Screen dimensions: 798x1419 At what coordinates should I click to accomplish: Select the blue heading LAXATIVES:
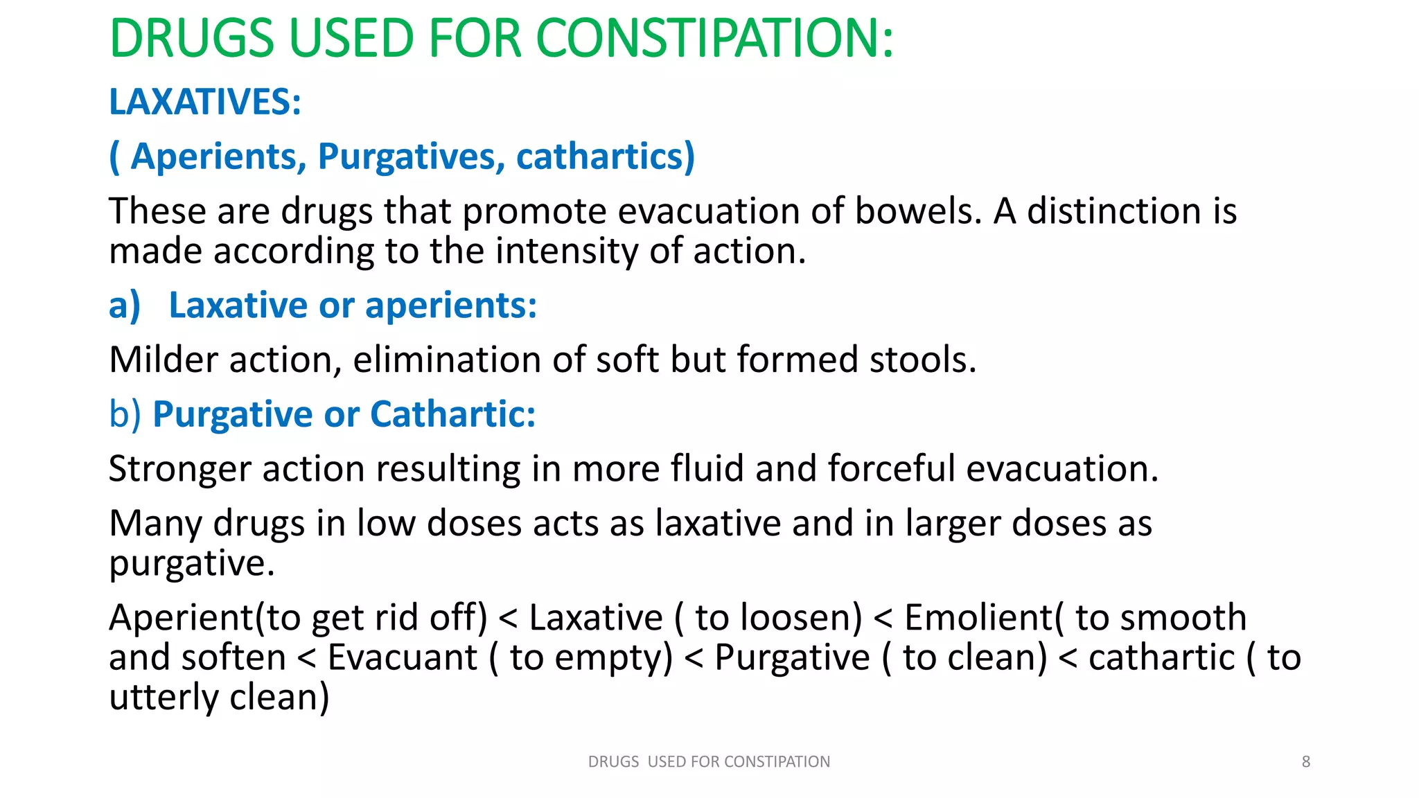coord(205,102)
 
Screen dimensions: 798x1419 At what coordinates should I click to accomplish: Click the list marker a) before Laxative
coord(125,305)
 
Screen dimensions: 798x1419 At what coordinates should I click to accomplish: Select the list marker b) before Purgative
coord(125,414)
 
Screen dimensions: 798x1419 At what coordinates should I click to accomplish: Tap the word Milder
coord(164,360)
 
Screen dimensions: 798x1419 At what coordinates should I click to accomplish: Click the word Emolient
coord(978,618)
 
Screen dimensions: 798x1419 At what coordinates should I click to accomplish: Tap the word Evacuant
coord(402,657)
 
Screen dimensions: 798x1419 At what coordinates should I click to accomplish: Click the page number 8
coord(1306,762)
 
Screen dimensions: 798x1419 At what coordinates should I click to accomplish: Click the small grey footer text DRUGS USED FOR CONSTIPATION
coord(709,762)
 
